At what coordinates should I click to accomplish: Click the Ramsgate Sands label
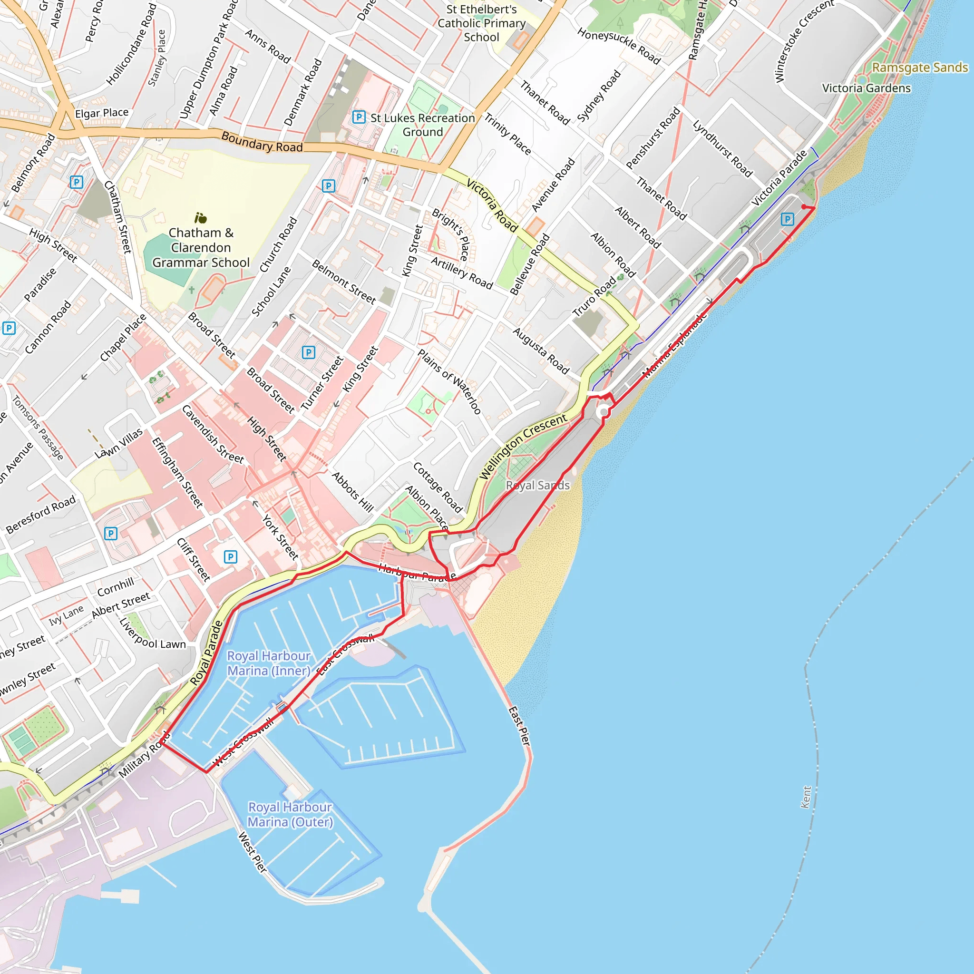(x=920, y=68)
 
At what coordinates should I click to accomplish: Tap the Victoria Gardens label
(x=866, y=88)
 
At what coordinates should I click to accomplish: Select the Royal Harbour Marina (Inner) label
(x=269, y=663)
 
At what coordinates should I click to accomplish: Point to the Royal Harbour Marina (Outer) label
(x=290, y=814)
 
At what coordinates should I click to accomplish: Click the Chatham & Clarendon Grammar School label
(x=201, y=247)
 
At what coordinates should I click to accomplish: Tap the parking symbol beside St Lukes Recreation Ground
(x=359, y=117)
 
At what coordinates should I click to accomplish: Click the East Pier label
(x=519, y=726)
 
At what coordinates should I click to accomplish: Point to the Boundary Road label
(x=262, y=142)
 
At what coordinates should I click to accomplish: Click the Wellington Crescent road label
(x=523, y=447)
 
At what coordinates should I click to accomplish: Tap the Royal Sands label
(x=537, y=486)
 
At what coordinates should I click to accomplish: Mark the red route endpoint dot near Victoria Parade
(x=804, y=207)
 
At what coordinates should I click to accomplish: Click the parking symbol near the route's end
(x=787, y=219)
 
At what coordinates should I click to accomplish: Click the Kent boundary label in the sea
(x=806, y=797)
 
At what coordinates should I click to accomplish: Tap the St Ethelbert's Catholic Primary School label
(x=481, y=23)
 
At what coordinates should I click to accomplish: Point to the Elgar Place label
(x=102, y=113)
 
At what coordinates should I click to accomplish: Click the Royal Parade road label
(x=206, y=653)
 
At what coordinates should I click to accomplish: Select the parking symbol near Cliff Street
(x=230, y=556)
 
